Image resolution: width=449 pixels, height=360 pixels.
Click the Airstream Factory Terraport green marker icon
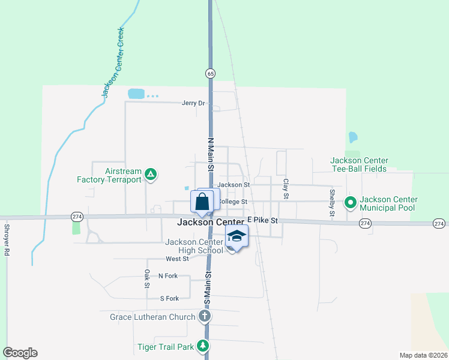151,175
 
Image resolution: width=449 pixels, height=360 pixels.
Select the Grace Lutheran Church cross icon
204,316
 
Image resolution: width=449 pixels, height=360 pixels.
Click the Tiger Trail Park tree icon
203,346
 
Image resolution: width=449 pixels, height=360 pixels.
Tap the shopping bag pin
202,202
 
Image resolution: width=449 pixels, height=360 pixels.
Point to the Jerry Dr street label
193,103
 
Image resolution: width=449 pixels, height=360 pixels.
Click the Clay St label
286,188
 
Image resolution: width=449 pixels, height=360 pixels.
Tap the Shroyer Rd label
7,240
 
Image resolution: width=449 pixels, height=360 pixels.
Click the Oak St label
147,278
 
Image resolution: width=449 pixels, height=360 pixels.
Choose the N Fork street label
169,276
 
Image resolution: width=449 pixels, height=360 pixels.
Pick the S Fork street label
169,298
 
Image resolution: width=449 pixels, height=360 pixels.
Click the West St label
177,259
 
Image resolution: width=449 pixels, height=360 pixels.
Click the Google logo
20,353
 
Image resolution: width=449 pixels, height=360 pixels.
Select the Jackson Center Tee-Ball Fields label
360,164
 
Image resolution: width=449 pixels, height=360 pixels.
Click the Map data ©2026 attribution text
423,355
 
